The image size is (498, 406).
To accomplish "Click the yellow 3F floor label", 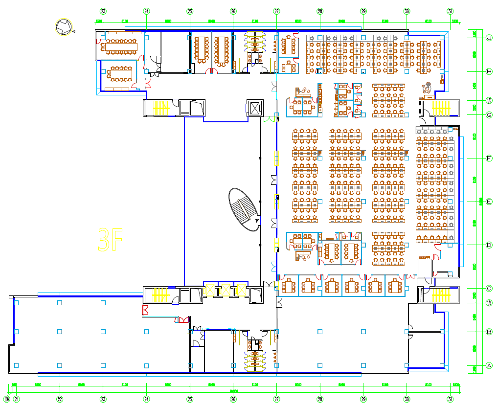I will click(x=110, y=240).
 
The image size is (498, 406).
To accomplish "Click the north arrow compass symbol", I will click(x=64, y=27).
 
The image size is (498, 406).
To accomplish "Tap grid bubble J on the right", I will click(x=489, y=38).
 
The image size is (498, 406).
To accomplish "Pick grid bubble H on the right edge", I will click(x=489, y=71).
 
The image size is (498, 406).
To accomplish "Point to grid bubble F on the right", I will click(x=489, y=158).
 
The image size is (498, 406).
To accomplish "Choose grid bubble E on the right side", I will click(x=489, y=202).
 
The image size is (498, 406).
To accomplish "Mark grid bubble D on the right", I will click(x=489, y=245).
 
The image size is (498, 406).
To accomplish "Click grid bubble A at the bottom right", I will click(x=489, y=365).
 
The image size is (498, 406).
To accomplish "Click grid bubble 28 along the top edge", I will click(x=320, y=11).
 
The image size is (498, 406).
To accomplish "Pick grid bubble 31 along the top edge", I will click(x=450, y=11).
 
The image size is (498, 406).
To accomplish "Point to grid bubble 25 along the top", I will click(x=190, y=11).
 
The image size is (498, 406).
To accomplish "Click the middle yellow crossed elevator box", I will click(x=225, y=291).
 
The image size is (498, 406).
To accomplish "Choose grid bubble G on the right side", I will click(x=489, y=115).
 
